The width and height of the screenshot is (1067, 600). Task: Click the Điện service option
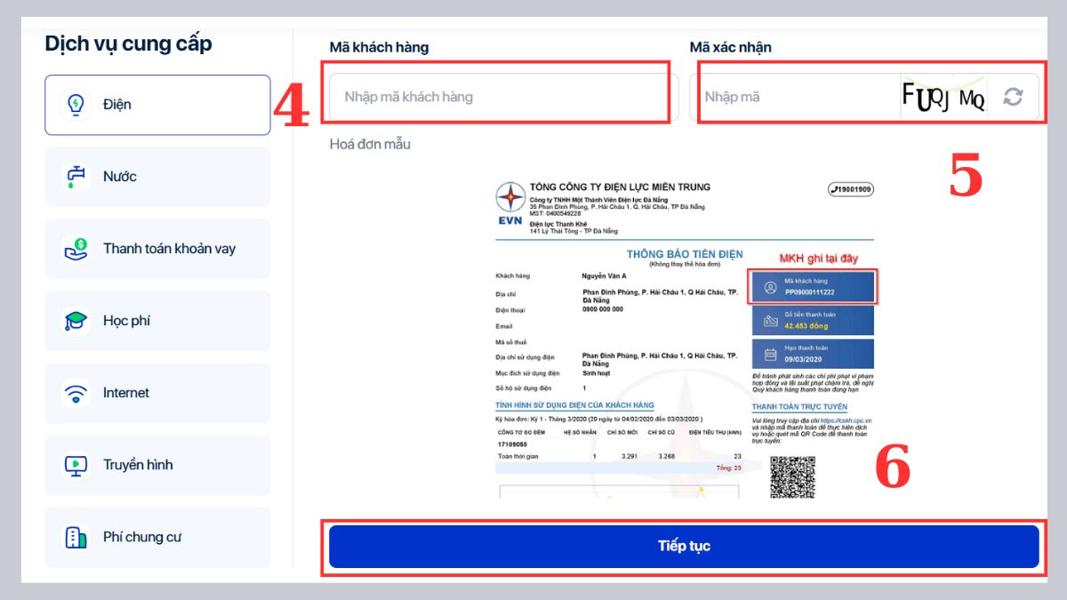tap(157, 105)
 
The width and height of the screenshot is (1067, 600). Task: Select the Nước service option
tap(157, 177)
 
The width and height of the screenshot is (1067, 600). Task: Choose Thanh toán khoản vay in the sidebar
tap(157, 249)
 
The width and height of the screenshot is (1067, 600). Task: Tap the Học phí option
tap(157, 321)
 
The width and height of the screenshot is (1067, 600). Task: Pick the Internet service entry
tap(157, 393)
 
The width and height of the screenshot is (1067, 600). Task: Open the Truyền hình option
tap(157, 465)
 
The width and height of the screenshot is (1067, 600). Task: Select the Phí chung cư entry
tap(157, 537)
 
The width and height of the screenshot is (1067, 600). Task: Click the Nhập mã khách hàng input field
tap(498, 97)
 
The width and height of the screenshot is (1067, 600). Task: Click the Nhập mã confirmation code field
tap(791, 97)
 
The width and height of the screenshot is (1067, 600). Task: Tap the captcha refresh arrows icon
tap(1013, 97)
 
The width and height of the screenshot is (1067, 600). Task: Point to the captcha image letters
tap(943, 97)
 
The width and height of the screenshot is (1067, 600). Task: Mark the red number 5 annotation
tap(966, 176)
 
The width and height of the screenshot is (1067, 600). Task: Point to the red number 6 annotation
tap(893, 468)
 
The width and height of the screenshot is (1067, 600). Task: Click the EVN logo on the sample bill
tap(510, 206)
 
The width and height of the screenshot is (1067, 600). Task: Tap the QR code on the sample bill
tap(791, 477)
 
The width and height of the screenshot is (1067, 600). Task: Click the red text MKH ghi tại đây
tap(818, 259)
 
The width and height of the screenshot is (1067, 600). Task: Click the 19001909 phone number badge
tap(850, 189)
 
